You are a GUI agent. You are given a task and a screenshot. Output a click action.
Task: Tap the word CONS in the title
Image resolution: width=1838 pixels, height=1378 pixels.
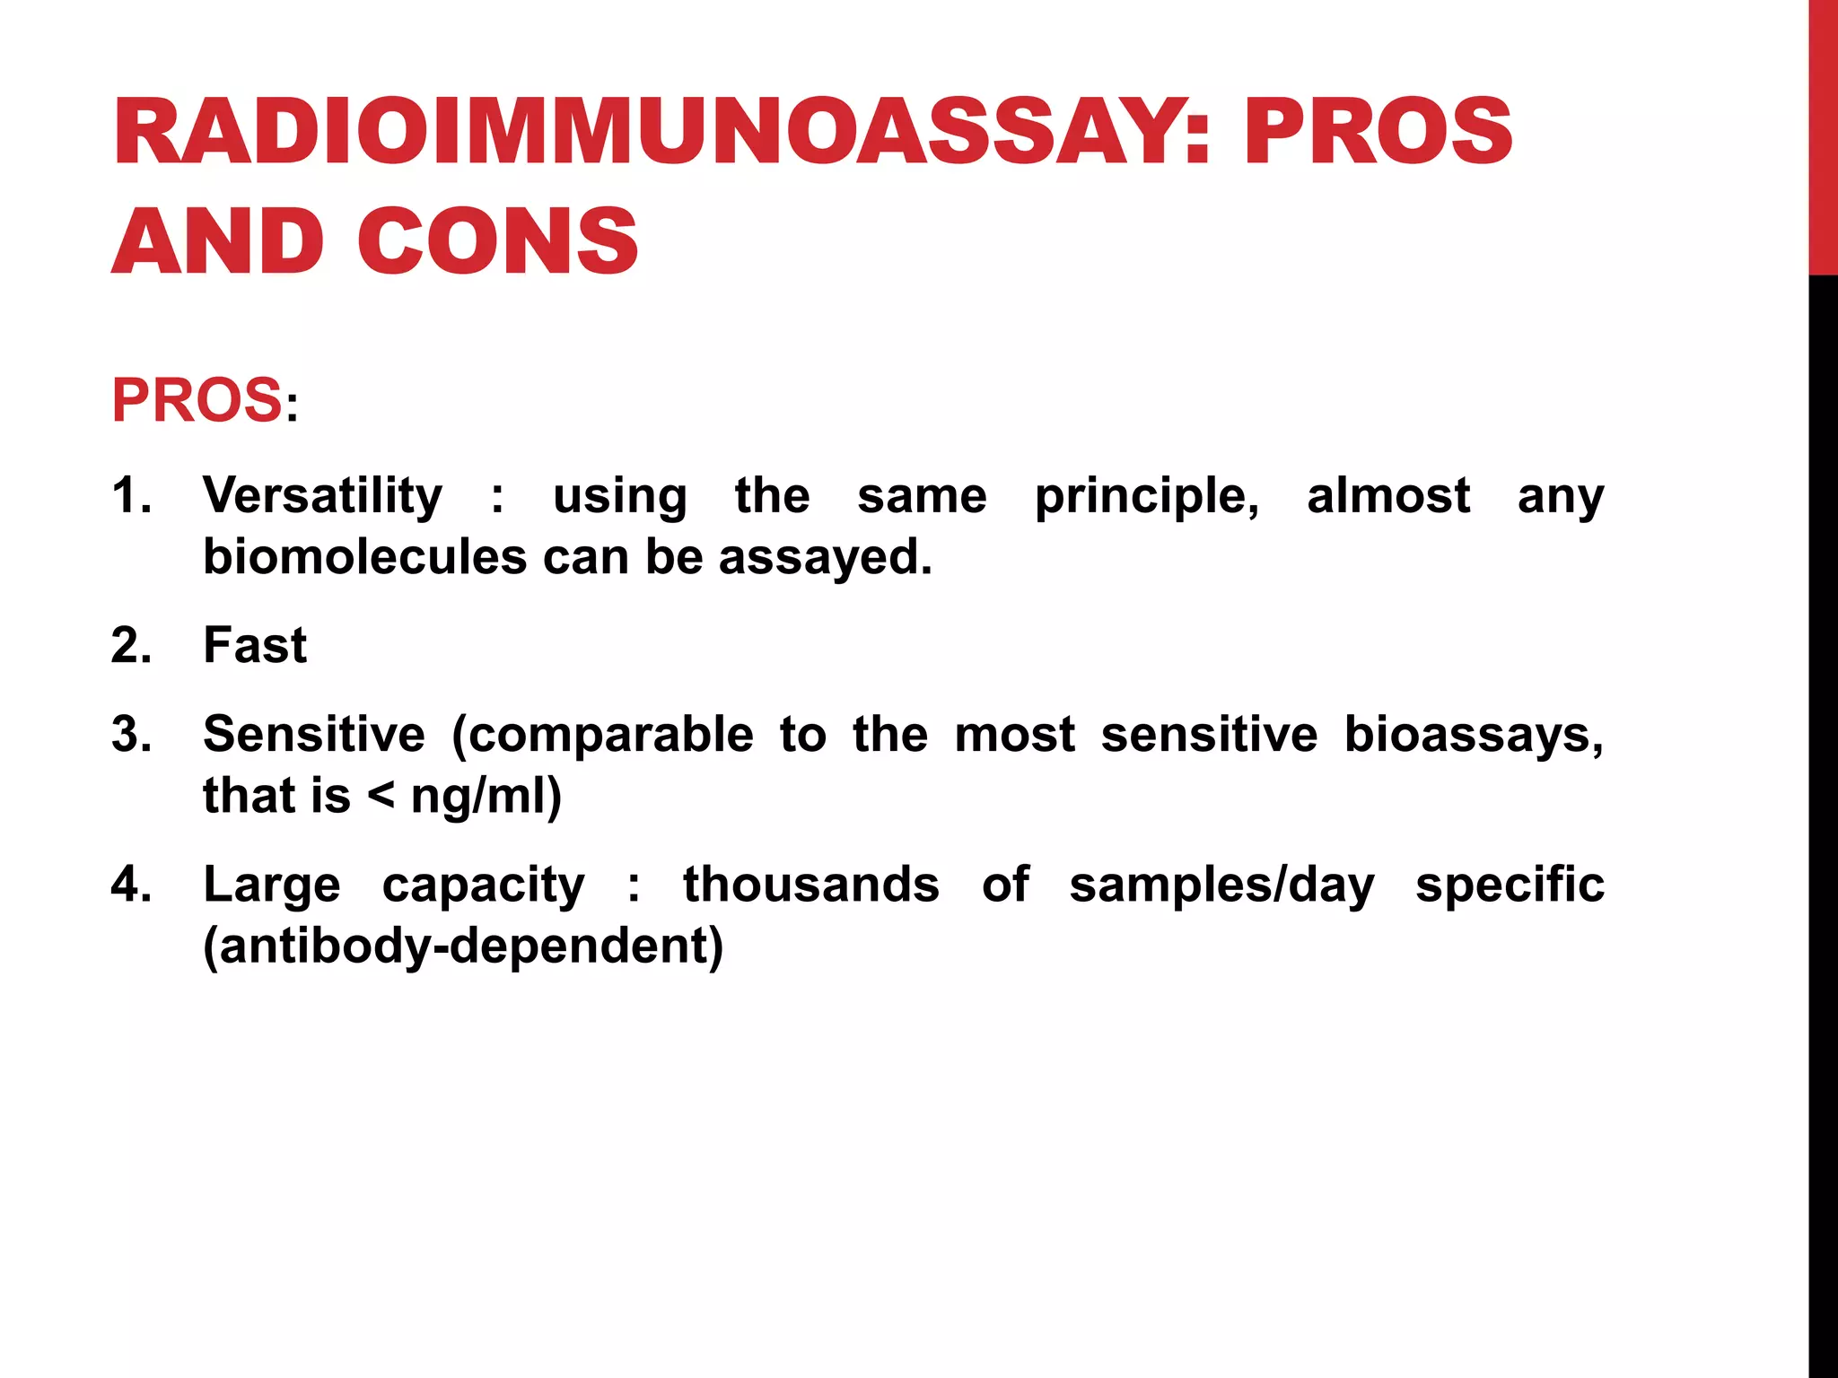498,240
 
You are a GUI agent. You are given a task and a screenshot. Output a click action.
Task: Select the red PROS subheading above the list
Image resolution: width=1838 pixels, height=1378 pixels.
197,400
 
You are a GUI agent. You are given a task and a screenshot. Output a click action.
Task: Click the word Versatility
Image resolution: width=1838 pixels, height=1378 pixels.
322,495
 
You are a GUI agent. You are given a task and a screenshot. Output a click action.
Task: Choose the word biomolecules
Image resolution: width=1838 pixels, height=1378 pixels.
364,557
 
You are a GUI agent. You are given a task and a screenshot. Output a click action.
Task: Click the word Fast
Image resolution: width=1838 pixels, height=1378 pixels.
255,645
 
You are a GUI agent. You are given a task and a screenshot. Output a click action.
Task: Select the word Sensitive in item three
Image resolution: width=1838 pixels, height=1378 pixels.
313,734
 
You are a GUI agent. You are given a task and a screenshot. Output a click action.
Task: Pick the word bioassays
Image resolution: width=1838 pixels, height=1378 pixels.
1473,736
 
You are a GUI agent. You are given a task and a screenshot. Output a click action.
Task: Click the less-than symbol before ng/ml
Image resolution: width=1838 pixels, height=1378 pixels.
381,795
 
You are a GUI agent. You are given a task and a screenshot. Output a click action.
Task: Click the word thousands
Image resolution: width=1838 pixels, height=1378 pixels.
810,884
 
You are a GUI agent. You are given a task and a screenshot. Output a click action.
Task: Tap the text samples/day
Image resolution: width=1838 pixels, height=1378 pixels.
1221,885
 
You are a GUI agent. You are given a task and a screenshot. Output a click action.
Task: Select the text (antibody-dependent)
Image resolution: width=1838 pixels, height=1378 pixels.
463,946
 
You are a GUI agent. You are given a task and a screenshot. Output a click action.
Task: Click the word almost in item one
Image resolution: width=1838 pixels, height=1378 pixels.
1387,495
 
